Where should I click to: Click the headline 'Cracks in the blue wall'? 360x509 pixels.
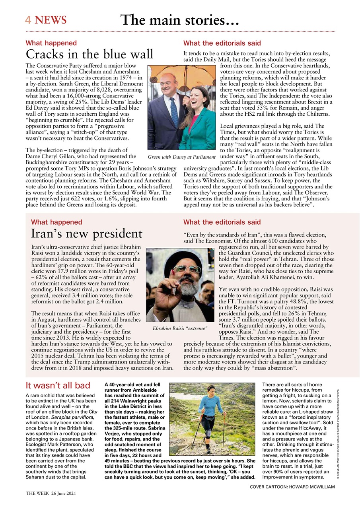[90, 54]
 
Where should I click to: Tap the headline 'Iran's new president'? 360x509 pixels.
[86, 233]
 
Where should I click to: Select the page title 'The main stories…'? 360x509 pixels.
[179, 20]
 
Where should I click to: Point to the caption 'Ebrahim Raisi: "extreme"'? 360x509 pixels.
[180, 328]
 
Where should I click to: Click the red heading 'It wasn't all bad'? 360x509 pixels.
[58, 385]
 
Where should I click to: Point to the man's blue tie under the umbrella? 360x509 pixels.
[174, 111]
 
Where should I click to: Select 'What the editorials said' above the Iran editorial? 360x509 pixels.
[222, 222]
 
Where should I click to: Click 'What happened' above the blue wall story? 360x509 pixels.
[51, 43]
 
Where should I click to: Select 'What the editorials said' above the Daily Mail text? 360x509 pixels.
[222, 43]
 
